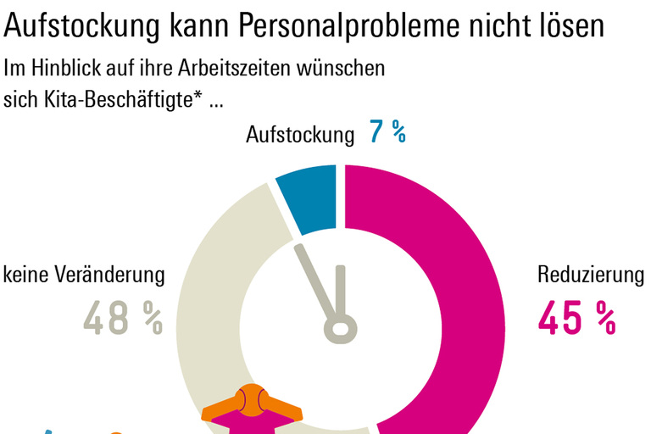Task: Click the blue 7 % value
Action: tap(387, 133)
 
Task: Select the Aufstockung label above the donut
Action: tap(299, 135)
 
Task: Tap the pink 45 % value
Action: tap(576, 317)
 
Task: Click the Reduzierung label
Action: tap(591, 275)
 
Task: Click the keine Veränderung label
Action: tap(84, 275)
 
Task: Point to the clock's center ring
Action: tap(340, 328)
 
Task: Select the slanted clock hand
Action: tap(313, 280)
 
